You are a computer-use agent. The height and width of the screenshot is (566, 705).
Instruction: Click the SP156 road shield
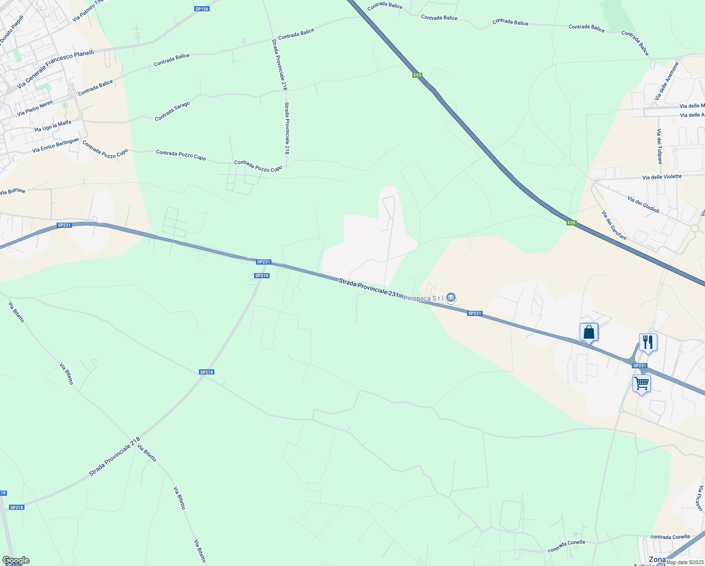202,9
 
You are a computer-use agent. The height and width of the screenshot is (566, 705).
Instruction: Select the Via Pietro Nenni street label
34,108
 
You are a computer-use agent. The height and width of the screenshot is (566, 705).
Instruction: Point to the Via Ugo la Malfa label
53,126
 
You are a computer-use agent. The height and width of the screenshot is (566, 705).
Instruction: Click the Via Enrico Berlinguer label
55,145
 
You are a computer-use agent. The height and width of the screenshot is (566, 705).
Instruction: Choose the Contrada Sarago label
172,111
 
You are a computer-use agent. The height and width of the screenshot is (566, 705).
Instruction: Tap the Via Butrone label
13,191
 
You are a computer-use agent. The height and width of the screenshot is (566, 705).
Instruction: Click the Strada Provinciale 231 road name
369,287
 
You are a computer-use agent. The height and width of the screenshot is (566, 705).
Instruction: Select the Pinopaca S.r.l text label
423,298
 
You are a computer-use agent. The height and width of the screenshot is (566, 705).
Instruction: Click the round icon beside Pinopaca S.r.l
451,297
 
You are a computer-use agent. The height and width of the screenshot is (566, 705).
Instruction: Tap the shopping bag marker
589,332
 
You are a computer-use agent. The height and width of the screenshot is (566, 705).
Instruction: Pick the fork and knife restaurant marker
648,342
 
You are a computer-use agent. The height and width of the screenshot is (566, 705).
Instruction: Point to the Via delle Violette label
662,177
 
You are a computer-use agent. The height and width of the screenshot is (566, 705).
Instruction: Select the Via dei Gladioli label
643,204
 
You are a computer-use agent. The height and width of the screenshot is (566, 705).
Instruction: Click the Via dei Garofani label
614,225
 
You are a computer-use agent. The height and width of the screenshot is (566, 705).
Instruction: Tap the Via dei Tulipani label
660,146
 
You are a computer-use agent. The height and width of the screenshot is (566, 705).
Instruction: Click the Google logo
16,560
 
